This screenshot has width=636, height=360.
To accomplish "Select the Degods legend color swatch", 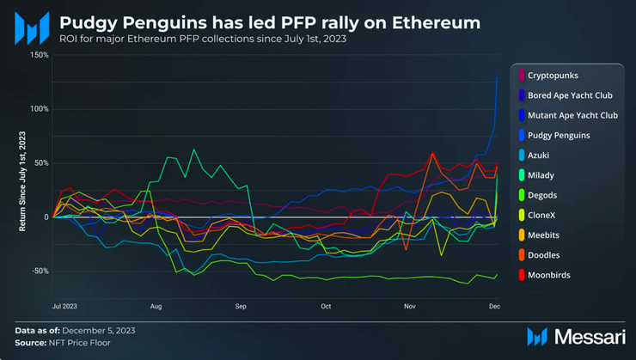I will [523, 195].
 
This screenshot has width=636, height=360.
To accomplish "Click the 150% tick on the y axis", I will [40, 55].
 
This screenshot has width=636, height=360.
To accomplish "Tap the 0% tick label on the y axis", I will [44, 217].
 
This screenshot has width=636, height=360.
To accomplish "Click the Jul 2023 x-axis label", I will [64, 306].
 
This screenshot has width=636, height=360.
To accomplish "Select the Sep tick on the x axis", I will [241, 306].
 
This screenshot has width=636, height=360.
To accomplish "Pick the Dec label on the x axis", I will [494, 306].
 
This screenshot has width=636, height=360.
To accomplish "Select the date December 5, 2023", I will [98, 330].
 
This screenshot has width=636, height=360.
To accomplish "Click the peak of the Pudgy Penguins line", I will [498, 74].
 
